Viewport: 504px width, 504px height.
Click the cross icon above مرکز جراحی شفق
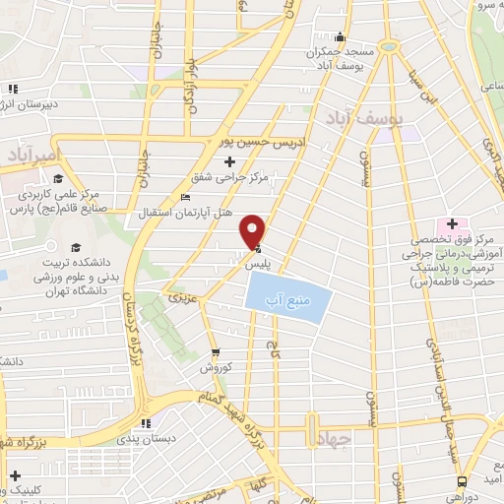point(230,160)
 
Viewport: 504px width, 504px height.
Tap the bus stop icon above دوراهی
point(463,481)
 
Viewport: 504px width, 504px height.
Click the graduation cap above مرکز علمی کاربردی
point(59,178)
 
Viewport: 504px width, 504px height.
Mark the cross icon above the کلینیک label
point(15,475)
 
